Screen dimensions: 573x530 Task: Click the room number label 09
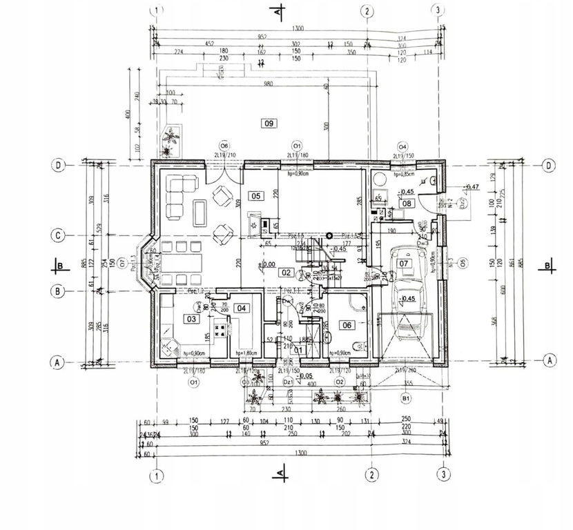pos(269,124)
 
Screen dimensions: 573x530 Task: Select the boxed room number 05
pos(255,196)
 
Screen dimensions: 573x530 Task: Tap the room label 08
pos(407,203)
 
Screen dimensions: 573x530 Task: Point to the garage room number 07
pos(405,263)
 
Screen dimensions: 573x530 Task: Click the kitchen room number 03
pos(191,319)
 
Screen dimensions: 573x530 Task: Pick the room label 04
pos(241,309)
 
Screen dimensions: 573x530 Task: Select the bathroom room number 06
pos(347,325)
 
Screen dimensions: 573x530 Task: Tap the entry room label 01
pos(298,350)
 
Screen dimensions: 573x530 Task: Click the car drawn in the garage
pos(405,297)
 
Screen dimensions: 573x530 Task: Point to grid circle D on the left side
pos(61,166)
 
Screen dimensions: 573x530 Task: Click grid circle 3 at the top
pos(437,10)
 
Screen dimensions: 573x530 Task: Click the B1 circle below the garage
pos(407,398)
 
